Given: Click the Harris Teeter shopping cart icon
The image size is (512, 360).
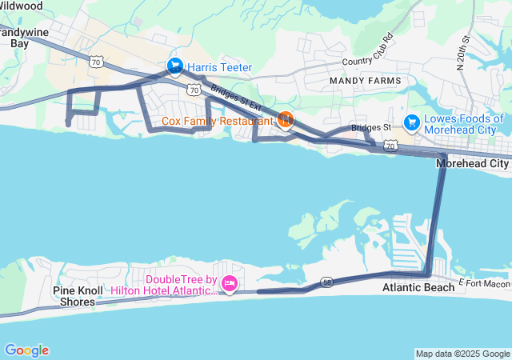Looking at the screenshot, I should pos(174,65).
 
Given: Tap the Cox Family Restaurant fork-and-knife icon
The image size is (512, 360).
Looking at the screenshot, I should pos(286,121).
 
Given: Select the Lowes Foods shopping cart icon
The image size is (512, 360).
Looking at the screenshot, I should pos(412,122).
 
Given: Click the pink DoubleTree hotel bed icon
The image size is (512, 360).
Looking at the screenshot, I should pos(230,284).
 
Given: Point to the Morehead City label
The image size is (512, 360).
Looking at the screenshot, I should pos(472,163).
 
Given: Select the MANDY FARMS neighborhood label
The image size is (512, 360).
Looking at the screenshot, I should pos(362,82).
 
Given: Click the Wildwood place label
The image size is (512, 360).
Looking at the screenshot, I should pos(22,6).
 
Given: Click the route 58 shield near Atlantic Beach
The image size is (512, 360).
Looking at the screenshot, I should pos(328,282).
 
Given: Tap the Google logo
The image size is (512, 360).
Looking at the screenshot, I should pos(26,350).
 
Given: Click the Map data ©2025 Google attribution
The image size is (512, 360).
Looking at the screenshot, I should pos(462,354).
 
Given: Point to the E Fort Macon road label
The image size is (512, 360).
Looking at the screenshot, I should pos(485,285).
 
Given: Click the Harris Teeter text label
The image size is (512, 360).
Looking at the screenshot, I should pos(220,66).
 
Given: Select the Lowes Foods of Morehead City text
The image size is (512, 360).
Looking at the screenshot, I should pos(464,125).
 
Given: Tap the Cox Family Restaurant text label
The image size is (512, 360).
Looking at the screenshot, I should pos(218,122).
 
